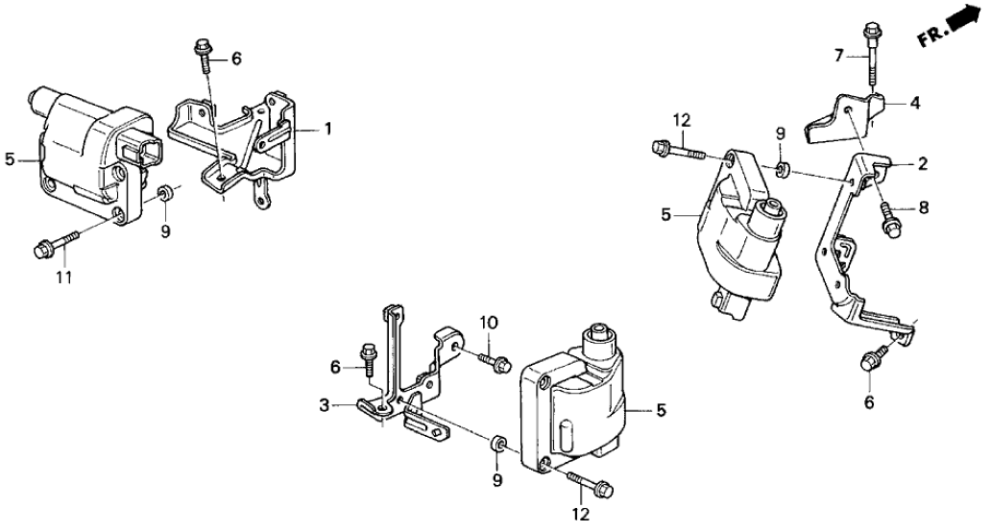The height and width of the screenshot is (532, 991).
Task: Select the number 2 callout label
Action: tap(923, 164)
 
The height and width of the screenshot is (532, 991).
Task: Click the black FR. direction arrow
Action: tap(964, 19)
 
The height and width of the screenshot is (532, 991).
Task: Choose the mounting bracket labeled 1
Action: tap(240, 139)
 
